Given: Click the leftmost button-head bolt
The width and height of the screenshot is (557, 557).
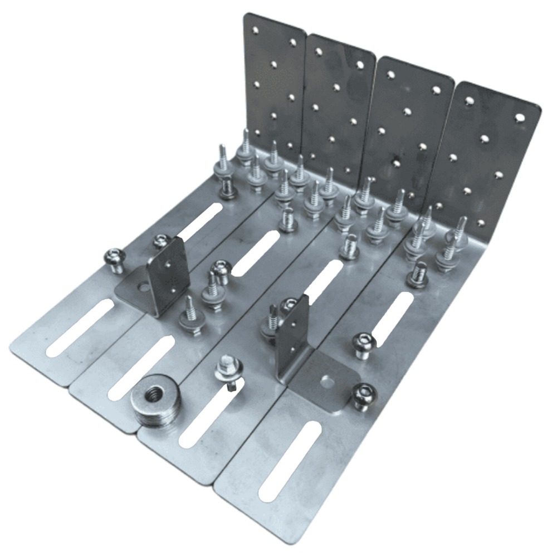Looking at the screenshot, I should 114,260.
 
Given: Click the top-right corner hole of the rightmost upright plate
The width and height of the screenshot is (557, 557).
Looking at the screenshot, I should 520,118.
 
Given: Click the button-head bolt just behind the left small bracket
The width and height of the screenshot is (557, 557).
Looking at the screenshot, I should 161,241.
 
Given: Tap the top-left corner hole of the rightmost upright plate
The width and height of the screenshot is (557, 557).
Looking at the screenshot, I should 470,100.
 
